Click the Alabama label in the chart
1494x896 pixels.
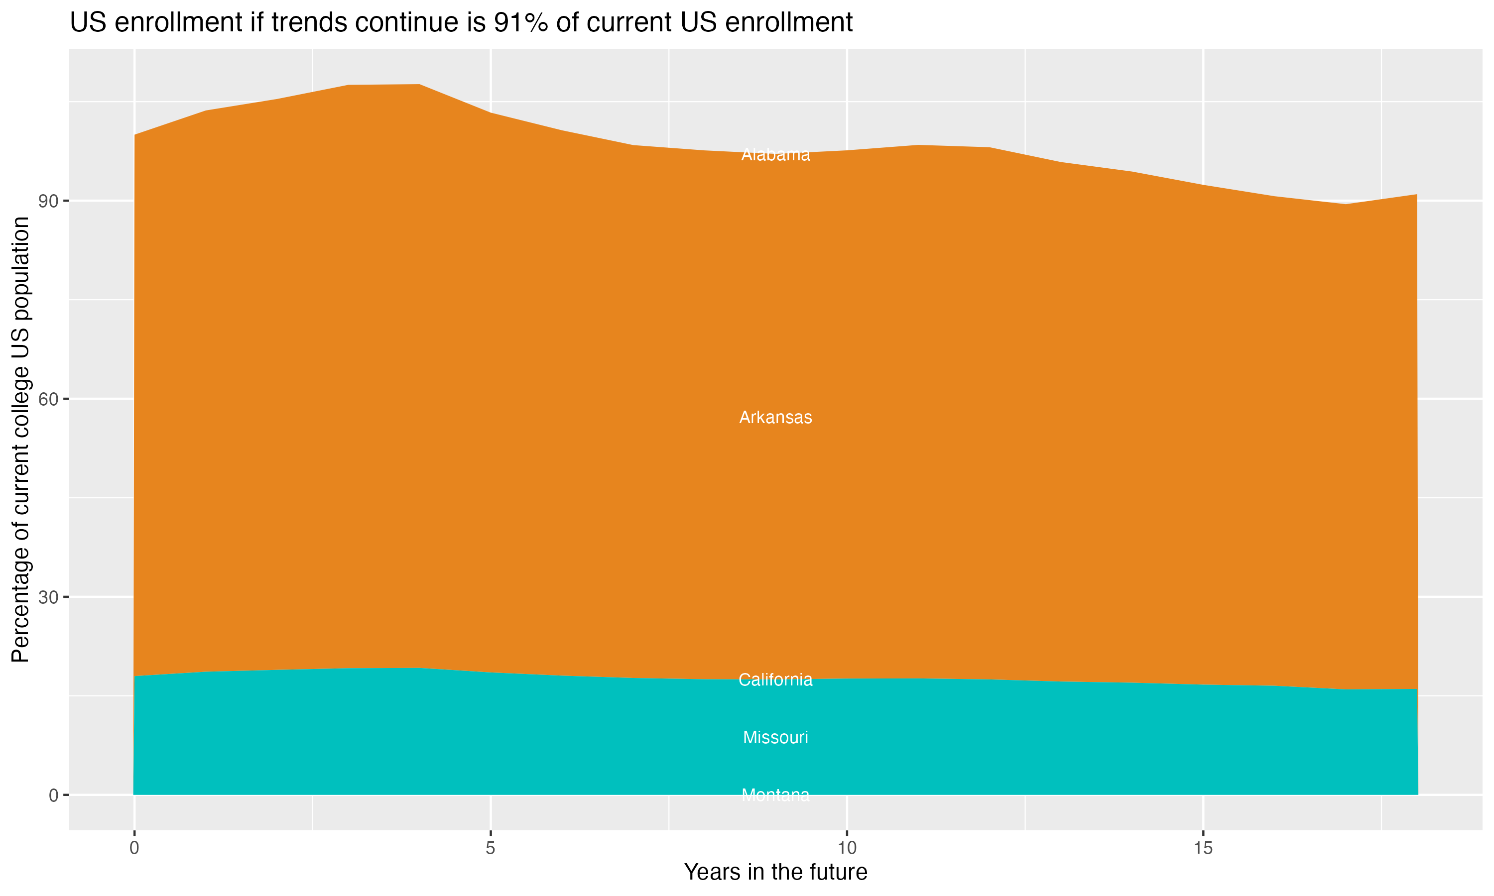point(775,155)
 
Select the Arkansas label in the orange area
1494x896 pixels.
point(775,417)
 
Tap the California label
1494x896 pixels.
point(775,680)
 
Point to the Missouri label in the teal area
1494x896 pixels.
point(775,737)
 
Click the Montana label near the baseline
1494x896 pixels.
point(775,795)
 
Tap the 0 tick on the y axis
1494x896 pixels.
point(53,795)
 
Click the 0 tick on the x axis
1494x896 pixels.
point(134,848)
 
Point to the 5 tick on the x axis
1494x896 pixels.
point(491,848)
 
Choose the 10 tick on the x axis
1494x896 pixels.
point(847,848)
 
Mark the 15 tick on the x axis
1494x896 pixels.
point(1203,848)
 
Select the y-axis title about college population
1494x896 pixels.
point(20,439)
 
